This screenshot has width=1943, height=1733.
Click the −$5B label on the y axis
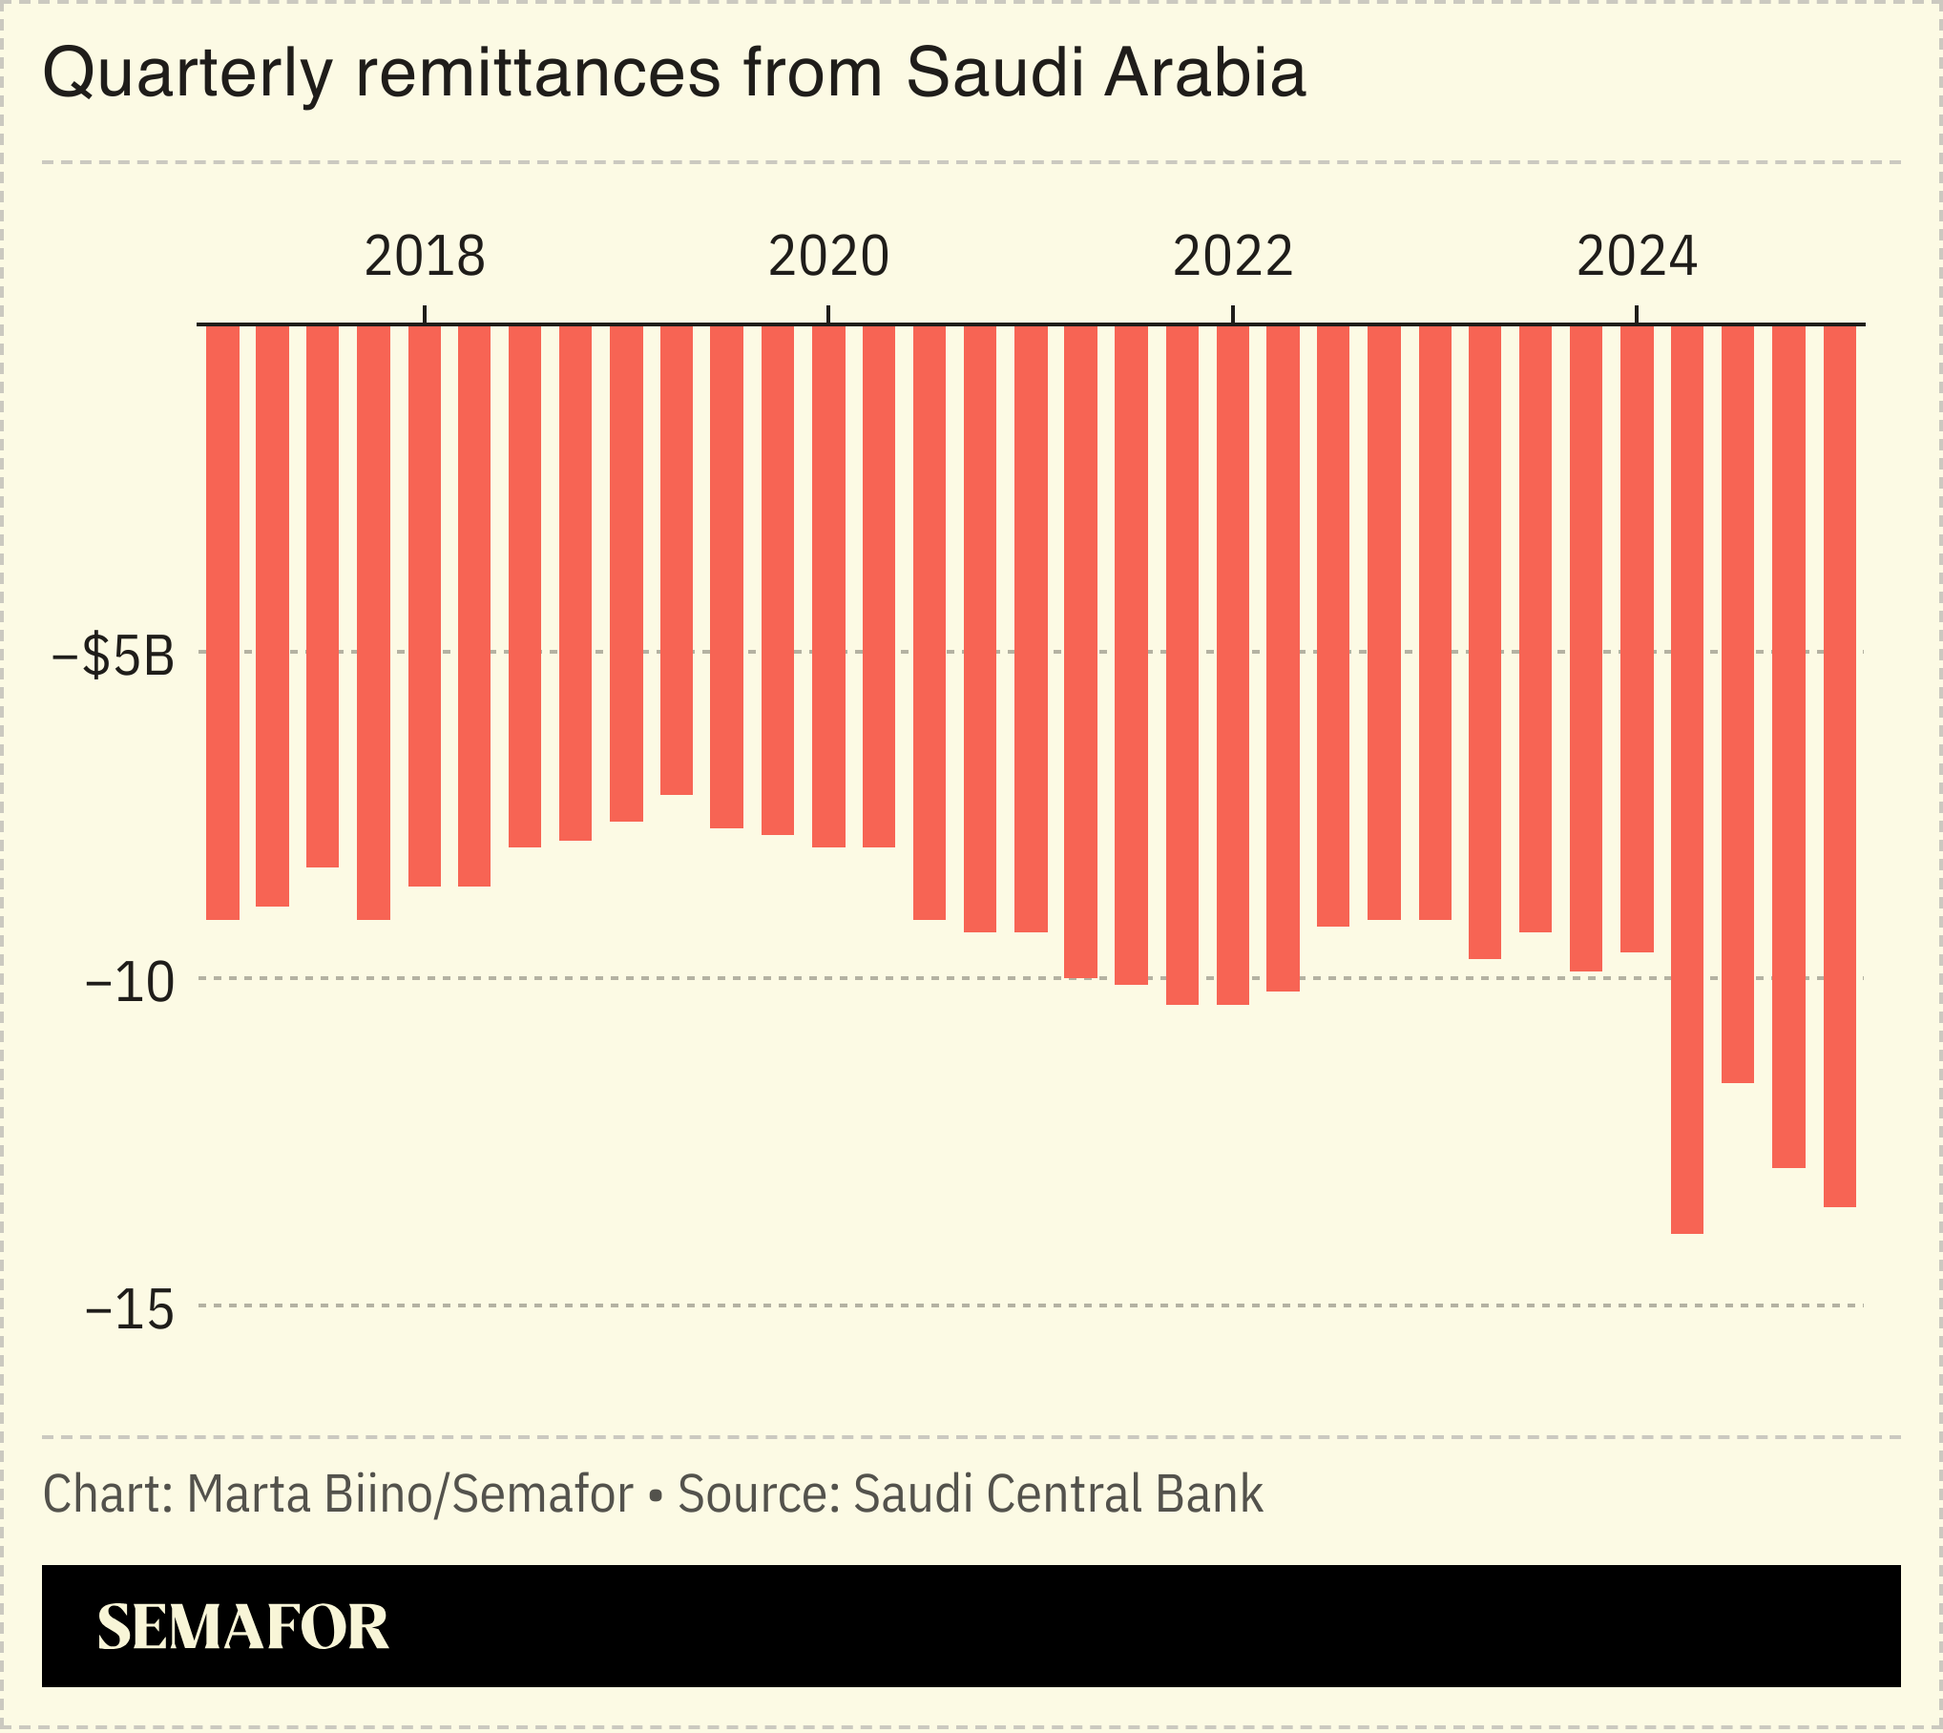click(x=115, y=656)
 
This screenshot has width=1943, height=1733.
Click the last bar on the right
click(x=1839, y=763)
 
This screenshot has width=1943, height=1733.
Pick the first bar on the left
click(x=222, y=620)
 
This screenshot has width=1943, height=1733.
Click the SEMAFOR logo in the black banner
click(x=242, y=1627)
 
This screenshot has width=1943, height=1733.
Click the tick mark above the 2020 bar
click(x=828, y=314)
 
